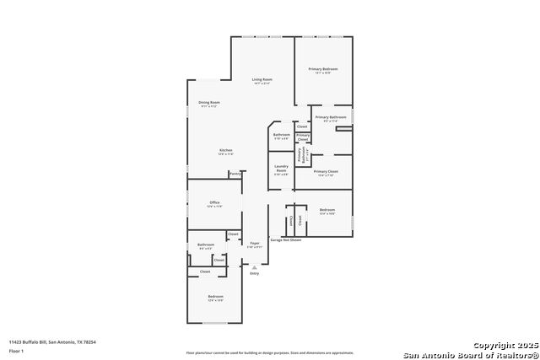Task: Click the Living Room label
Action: coord(262,79)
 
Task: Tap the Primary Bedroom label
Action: coord(322,69)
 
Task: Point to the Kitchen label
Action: coord(226,150)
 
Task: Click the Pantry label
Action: coord(234,175)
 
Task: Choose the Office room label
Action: coord(214,203)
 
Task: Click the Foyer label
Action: coord(254,243)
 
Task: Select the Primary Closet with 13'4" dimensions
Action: coord(326,172)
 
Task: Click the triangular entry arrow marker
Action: coord(254,266)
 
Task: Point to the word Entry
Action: coord(254,273)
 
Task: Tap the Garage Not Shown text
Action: coord(285,240)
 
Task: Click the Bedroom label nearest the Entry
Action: coord(216,296)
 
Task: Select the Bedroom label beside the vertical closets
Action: coord(327,209)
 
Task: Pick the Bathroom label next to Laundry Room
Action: coord(282,135)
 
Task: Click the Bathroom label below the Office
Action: coord(206,245)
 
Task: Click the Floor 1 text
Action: coord(17,349)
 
